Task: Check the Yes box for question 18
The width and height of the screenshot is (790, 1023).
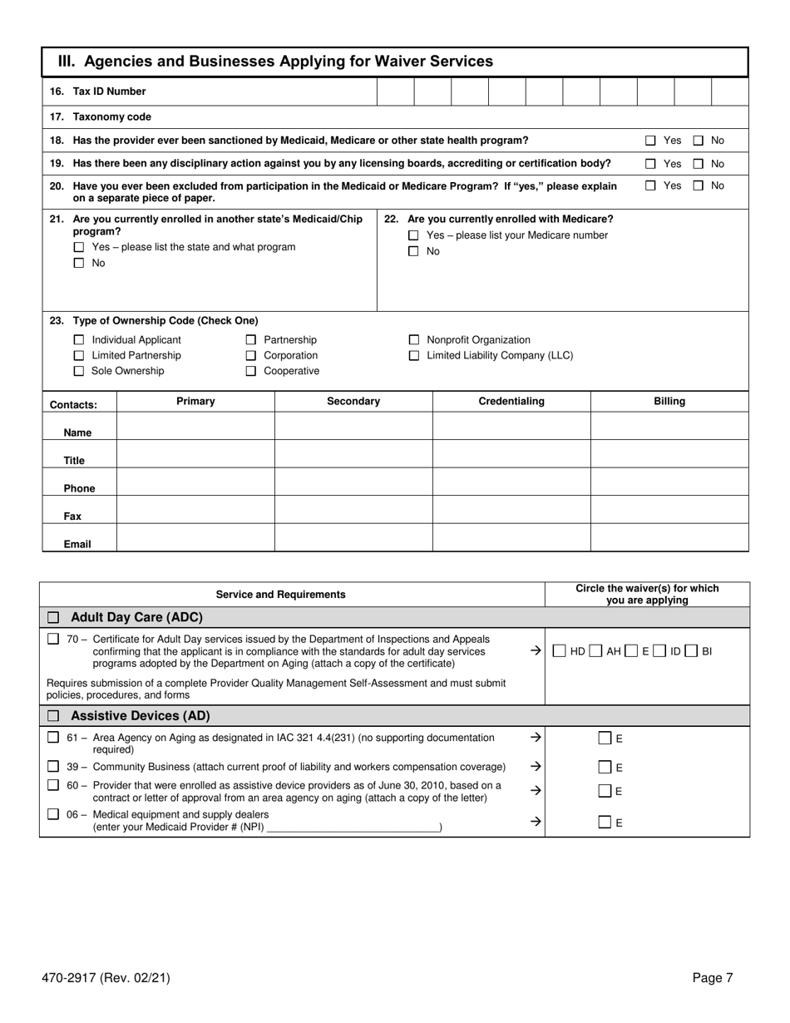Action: pos(651,141)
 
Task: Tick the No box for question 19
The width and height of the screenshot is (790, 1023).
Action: pos(699,164)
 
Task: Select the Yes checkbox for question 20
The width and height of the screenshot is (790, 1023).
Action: pos(651,186)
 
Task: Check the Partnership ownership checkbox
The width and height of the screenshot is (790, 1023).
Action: pos(250,340)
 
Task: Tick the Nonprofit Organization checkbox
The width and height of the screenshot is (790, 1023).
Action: pos(413,340)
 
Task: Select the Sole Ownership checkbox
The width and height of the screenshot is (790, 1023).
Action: pos(79,372)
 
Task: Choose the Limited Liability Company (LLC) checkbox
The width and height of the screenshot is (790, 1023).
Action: pos(413,356)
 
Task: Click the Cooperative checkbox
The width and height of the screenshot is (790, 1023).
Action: pos(250,372)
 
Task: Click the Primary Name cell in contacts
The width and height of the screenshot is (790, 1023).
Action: pos(195,427)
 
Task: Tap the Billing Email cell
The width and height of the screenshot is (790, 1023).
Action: pos(669,538)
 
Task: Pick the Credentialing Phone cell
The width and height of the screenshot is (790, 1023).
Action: pos(511,482)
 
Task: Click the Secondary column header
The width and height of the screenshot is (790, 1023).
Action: pos(353,402)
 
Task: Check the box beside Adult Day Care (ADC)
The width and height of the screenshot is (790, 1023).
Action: pos(54,618)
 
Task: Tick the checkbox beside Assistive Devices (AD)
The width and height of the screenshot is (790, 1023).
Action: pos(54,716)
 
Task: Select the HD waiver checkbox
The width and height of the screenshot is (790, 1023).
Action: pos(560,651)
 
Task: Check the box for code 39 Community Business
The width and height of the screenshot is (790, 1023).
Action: pos(54,767)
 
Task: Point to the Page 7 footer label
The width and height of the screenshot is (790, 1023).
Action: pos(713,979)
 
